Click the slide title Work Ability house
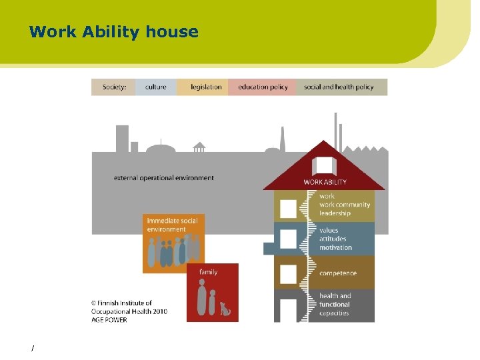[x=114, y=31]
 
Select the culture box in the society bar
[x=155, y=87]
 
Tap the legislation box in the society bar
[x=205, y=87]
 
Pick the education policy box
[x=263, y=87]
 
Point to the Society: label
[x=114, y=87]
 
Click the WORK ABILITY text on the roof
[x=325, y=182]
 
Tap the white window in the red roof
[x=324, y=166]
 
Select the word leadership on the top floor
[x=335, y=213]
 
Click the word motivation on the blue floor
[x=335, y=247]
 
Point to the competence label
[x=337, y=273]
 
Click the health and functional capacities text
[x=335, y=305]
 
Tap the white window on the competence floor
[x=288, y=273]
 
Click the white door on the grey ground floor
[x=288, y=310]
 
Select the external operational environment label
[x=164, y=178]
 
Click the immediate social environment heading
[x=172, y=225]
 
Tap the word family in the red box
[x=208, y=272]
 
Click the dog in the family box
[x=225, y=309]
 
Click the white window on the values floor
[x=288, y=239]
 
